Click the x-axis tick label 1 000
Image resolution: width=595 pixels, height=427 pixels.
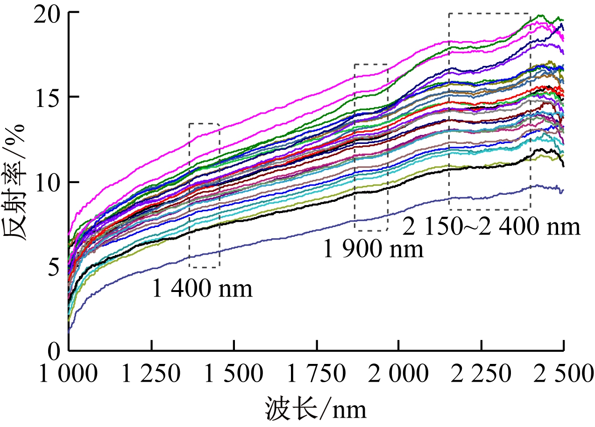pos(69,374)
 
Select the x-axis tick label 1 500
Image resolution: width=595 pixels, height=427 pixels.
pos(234,374)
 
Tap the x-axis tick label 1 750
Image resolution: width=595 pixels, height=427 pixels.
pos(317,374)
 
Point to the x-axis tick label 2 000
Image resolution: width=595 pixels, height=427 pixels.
pos(399,374)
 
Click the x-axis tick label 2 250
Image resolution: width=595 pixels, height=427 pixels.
pos(482,374)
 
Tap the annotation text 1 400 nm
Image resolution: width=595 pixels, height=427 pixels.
pos(202,289)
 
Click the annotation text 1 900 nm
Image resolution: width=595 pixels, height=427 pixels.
pos(373,249)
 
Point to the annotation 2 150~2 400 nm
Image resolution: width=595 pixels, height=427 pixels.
pos(491,227)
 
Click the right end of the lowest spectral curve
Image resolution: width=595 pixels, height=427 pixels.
pos(564,191)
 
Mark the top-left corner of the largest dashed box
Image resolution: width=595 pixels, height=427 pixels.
pos(449,14)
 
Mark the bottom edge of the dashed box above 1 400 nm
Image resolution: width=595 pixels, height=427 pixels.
pos(204,267)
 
